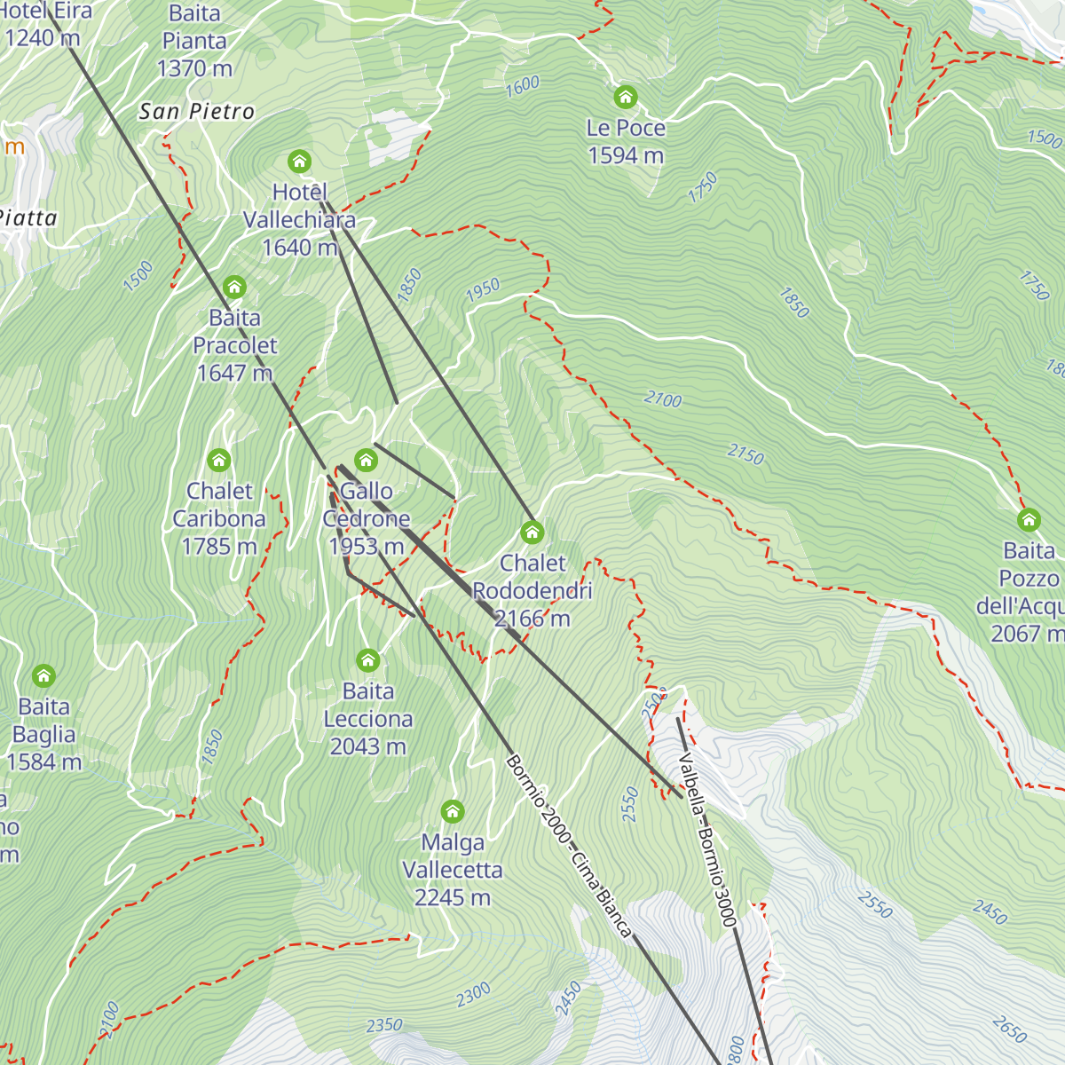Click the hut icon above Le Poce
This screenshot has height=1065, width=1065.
point(626,97)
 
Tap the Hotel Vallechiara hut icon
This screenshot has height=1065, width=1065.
point(300,162)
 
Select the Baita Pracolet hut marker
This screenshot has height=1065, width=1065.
point(234,288)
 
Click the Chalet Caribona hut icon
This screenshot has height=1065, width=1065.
point(219,461)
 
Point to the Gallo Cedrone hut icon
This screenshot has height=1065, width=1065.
point(366,461)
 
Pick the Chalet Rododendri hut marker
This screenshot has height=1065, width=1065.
point(532,532)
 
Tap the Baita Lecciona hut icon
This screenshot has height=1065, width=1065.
point(368,660)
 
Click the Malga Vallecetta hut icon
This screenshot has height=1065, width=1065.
point(453,811)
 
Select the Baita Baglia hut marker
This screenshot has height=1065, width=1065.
point(43,676)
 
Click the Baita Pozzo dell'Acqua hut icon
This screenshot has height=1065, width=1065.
point(1029,520)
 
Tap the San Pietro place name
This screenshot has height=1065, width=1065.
point(197,111)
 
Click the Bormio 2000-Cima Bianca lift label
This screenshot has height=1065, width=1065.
point(568,846)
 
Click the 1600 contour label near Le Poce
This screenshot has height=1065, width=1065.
point(522,86)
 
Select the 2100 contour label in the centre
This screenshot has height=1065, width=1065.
point(663,400)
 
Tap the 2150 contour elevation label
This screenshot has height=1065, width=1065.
point(745,455)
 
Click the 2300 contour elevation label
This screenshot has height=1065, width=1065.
point(473,995)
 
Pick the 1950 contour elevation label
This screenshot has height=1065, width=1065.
point(483,289)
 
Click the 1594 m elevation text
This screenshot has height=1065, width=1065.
point(626,155)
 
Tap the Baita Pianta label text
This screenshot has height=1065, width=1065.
point(194,28)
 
